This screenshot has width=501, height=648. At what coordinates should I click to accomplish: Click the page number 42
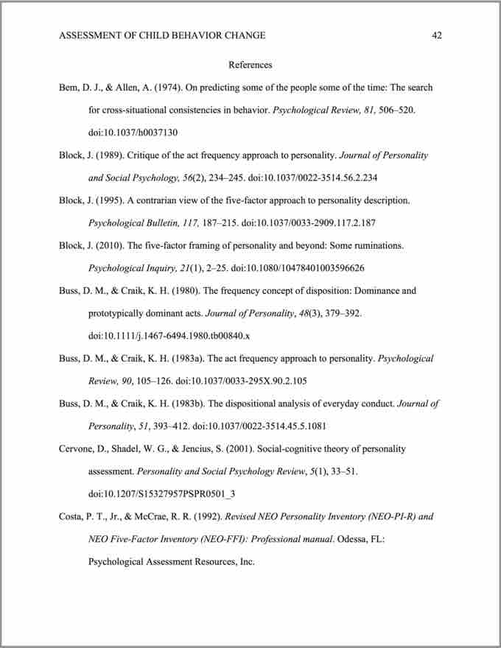pyautogui.click(x=437, y=35)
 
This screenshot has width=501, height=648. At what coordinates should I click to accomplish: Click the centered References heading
pyautogui.click(x=251, y=65)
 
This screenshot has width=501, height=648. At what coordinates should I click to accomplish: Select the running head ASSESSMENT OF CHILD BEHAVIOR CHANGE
pyautogui.click(x=162, y=35)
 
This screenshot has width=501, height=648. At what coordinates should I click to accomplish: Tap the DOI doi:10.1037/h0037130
pyautogui.click(x=133, y=133)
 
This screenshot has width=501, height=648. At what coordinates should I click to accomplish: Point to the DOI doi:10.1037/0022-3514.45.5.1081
pyautogui.click(x=250, y=426)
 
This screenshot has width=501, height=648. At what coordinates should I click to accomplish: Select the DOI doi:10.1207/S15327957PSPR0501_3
pyautogui.click(x=161, y=493)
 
